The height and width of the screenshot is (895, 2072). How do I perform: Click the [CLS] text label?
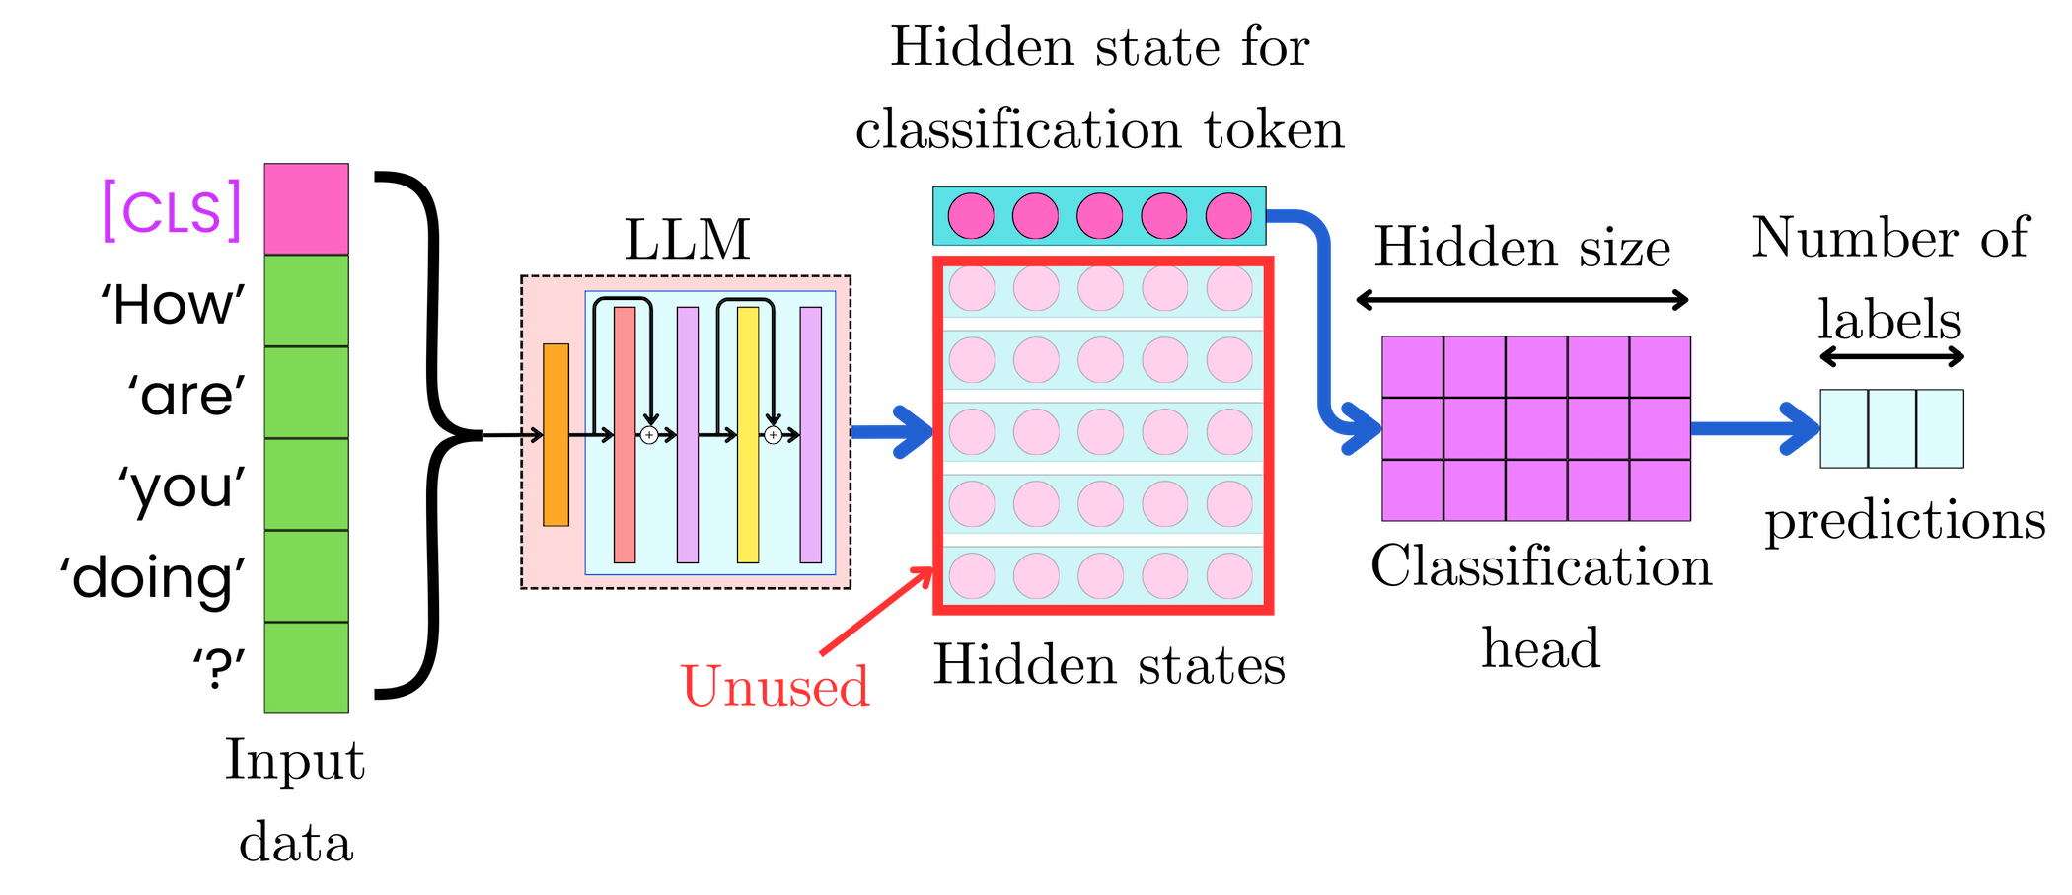click(x=173, y=211)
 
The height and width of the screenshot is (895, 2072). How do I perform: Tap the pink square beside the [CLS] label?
click(x=306, y=209)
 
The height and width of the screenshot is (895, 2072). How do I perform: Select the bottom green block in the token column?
click(x=306, y=668)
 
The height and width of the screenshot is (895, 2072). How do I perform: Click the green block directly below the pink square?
click(x=306, y=301)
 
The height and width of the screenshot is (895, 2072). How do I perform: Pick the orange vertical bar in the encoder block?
click(x=555, y=435)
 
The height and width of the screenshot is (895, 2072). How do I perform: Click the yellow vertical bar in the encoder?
click(x=748, y=435)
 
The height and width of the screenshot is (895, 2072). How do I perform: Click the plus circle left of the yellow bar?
click(x=649, y=435)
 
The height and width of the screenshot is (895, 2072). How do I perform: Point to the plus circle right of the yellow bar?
click(x=774, y=435)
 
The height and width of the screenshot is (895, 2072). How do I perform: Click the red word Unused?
click(x=775, y=687)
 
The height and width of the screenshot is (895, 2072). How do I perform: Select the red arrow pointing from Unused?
click(x=876, y=612)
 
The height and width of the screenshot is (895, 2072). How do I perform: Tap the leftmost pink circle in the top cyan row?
click(x=971, y=216)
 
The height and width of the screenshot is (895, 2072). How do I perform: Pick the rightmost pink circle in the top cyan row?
click(x=1228, y=216)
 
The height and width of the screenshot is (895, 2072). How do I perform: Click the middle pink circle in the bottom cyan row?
click(x=1100, y=576)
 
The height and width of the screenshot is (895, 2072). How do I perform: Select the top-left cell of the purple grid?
click(x=1413, y=367)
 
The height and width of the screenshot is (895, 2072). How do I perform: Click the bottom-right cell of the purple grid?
click(x=1660, y=490)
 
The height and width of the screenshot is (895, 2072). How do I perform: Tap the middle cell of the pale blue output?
click(x=1892, y=428)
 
